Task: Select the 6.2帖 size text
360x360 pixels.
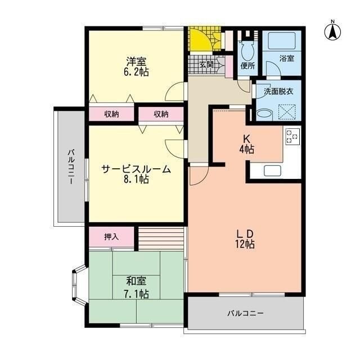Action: (x=136, y=73)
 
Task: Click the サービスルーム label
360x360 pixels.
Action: (x=136, y=169)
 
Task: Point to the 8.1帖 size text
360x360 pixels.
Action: (x=136, y=180)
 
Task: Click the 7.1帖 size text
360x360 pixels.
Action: (x=136, y=294)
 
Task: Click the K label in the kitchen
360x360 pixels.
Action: (x=246, y=138)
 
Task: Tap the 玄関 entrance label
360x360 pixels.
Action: (x=206, y=65)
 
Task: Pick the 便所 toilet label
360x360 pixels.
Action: (x=247, y=66)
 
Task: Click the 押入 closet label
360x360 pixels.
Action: (x=111, y=237)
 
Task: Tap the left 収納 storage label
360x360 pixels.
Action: (x=111, y=114)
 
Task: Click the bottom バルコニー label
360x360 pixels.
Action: (x=246, y=313)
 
